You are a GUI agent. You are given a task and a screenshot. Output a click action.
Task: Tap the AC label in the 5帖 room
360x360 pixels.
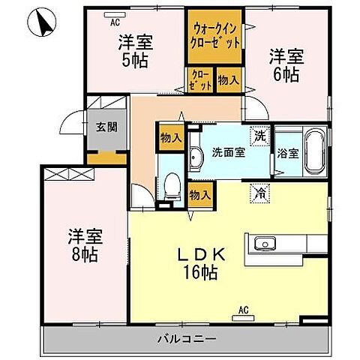115,22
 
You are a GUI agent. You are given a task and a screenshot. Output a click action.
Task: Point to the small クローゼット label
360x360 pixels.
200,79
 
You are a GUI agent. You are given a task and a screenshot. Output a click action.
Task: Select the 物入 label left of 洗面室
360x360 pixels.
172,136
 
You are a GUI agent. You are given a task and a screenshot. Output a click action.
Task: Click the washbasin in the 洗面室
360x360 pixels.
196,157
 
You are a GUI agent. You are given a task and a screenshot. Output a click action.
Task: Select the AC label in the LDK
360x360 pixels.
244,308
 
